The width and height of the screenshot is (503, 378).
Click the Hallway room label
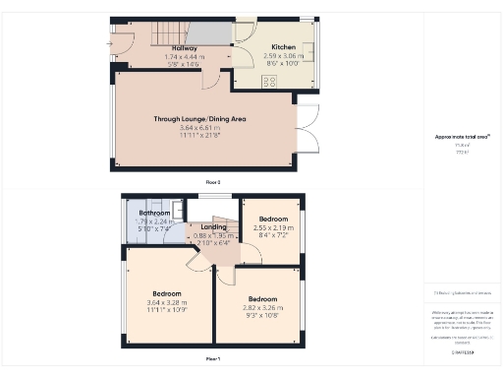pyautogui.click(x=185, y=47)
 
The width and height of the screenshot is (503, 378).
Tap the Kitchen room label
pyautogui.click(x=283, y=46)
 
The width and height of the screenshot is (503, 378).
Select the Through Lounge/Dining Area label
pyautogui.click(x=199, y=118)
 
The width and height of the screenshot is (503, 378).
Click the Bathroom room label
pyautogui.click(x=154, y=213)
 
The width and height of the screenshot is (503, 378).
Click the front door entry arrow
pyautogui.click(x=111, y=42)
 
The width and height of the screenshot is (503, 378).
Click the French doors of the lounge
pyautogui.click(x=307, y=128)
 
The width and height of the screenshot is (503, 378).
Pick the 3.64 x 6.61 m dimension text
pyautogui.click(x=199, y=127)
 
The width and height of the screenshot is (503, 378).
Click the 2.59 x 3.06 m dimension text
pyautogui.click(x=283, y=56)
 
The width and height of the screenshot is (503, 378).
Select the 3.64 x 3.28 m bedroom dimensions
pyautogui.click(x=166, y=302)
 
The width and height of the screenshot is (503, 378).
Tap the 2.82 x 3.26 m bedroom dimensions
pyautogui.click(x=261, y=307)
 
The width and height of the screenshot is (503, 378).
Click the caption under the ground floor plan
pyautogui.click(x=212, y=182)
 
